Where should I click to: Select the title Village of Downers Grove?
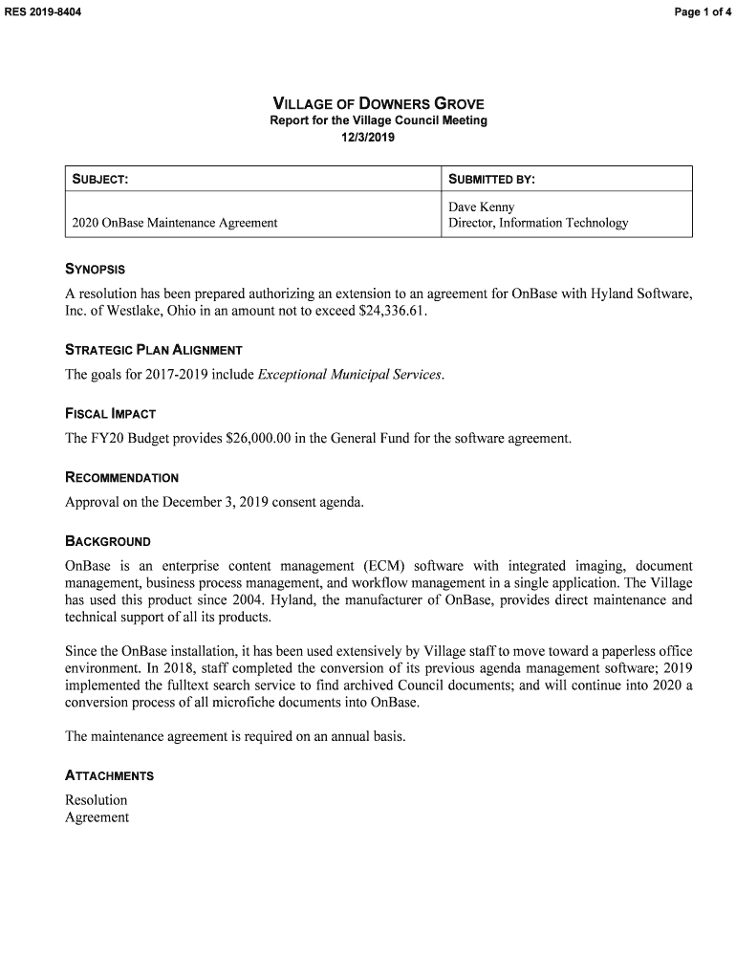[379, 103]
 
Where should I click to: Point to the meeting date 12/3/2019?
[368, 138]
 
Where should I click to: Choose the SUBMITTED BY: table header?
[491, 180]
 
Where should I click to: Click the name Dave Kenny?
[481, 207]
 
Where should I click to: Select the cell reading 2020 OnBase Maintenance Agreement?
[175, 223]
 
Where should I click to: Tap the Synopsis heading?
[95, 270]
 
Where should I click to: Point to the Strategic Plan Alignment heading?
[153, 350]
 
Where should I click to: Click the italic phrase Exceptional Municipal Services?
[350, 375]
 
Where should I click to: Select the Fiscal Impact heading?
[110, 414]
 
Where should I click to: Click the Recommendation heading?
[121, 477]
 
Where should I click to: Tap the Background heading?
[107, 541]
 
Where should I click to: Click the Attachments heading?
[109, 775]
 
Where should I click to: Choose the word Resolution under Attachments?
[96, 800]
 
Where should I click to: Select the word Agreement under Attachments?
[97, 817]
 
